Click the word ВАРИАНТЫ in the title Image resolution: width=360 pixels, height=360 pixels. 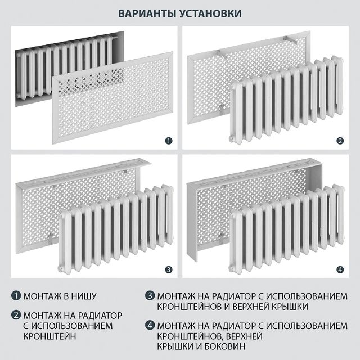coord(146,13)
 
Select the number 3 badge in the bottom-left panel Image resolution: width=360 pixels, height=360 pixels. coord(167,269)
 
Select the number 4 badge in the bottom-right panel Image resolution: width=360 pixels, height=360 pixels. coord(339,269)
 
